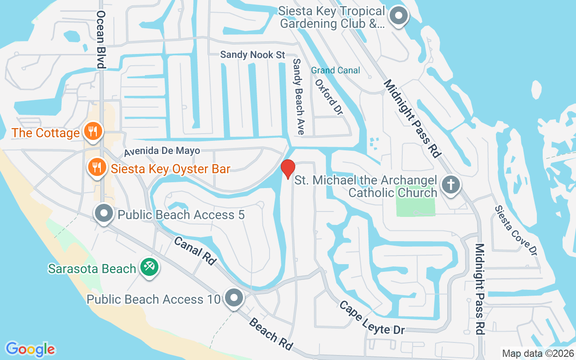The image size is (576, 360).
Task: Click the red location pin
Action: click(288, 169)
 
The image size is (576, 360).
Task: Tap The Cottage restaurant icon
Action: click(93, 132)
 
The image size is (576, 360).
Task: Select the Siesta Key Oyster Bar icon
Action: click(97, 167)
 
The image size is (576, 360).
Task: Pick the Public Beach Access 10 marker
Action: click(234, 298)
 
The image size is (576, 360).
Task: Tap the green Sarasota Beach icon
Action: click(148, 267)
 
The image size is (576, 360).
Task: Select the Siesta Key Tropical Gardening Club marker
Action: click(398, 16)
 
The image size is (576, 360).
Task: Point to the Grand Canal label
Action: click(336, 70)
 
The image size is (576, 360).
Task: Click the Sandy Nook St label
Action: click(252, 54)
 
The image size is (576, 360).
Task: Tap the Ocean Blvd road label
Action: click(101, 40)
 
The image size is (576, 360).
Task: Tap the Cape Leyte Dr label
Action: click(372, 318)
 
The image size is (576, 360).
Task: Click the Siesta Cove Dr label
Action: click(516, 231)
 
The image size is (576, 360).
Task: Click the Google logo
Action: click(31, 349)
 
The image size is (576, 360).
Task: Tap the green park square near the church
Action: click(415, 200)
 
